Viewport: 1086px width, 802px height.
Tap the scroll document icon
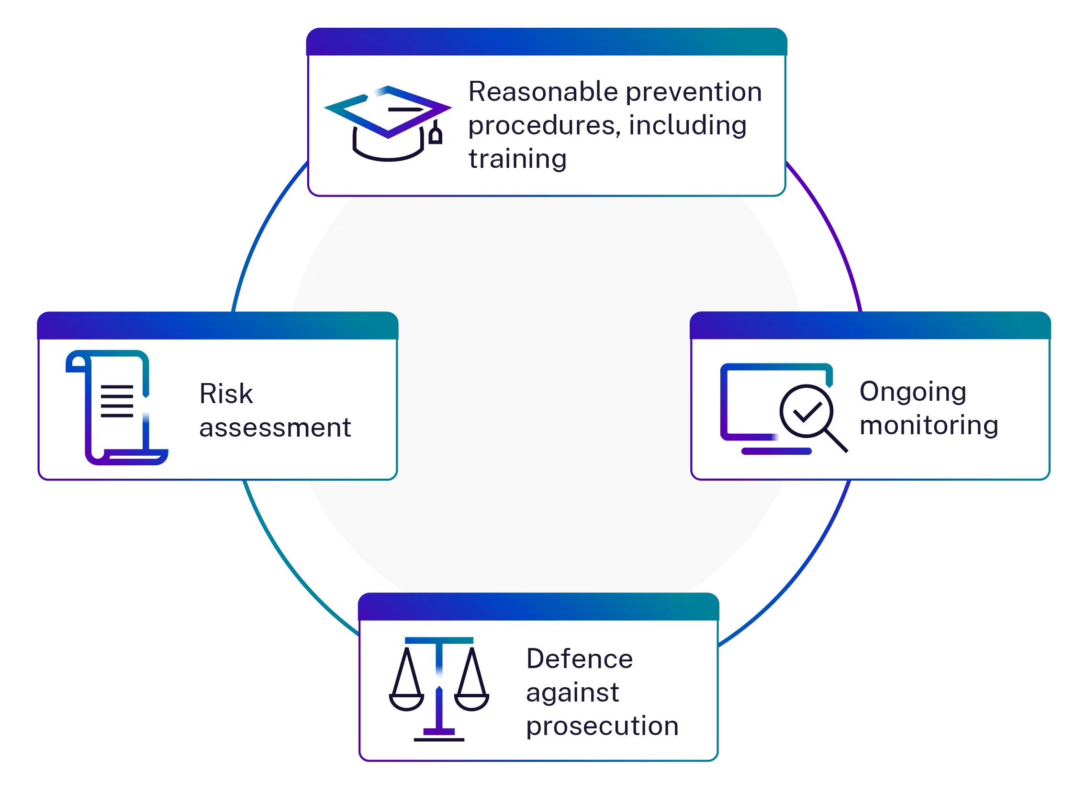click(x=117, y=407)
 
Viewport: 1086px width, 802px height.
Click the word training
click(x=517, y=159)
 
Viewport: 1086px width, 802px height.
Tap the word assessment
click(x=275, y=428)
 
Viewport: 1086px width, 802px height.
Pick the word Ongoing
click(x=913, y=392)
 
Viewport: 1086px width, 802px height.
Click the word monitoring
click(x=929, y=425)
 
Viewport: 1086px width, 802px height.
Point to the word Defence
click(x=579, y=659)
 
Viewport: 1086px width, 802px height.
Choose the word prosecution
click(x=602, y=726)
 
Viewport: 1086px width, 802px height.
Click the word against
click(x=572, y=692)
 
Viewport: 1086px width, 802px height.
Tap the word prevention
click(x=694, y=92)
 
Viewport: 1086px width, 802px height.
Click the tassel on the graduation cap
click(x=436, y=133)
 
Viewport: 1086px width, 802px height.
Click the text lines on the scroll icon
click(x=117, y=401)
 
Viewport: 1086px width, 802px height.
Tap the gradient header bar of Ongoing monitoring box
click(x=870, y=325)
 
